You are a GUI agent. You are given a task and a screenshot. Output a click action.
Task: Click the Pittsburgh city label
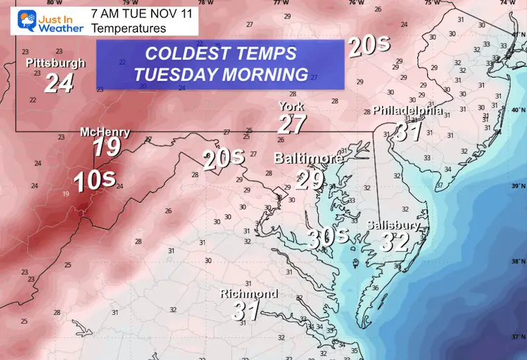55,63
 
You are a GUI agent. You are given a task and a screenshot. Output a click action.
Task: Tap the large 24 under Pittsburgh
58,84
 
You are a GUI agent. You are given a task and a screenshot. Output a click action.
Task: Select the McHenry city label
105,132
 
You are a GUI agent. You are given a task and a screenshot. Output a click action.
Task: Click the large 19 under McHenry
107,148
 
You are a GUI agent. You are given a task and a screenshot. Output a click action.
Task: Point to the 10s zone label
94,180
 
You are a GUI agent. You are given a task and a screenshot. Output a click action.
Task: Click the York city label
291,107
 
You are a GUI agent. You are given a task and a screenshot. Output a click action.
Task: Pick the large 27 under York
292,126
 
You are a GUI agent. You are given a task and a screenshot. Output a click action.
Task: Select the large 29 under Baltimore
309,180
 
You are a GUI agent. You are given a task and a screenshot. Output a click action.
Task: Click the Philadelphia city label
408,111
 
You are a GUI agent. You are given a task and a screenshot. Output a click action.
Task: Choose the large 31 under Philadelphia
409,131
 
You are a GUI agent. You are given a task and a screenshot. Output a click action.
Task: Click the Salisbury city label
392,225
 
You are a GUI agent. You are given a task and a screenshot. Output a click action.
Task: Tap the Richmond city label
249,293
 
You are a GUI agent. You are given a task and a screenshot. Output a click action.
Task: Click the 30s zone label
327,237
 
